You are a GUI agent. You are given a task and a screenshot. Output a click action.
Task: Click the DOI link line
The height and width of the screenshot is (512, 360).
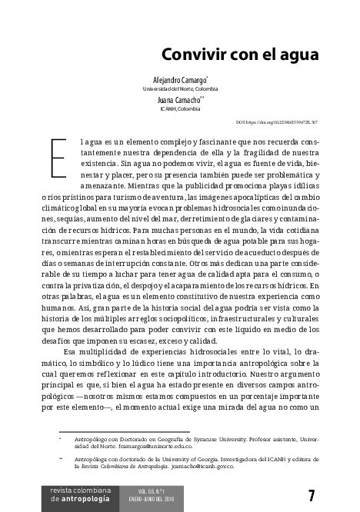(276, 123)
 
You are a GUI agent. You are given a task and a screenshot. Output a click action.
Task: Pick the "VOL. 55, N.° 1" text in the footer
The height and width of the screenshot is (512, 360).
(153, 490)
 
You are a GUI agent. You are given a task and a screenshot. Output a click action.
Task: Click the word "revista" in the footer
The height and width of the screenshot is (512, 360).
(61, 489)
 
